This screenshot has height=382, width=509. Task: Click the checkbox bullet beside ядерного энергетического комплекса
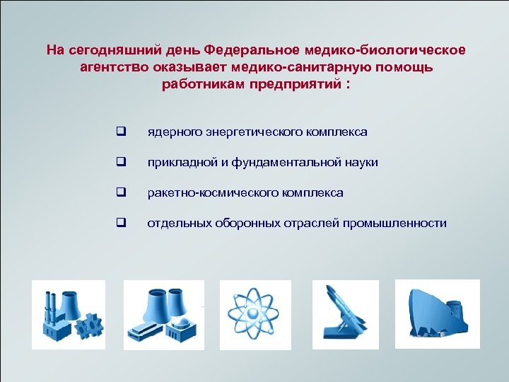coord(121,132)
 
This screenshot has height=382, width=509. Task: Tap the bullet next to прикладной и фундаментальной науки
coord(121,163)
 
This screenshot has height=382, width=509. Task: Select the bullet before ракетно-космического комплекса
coord(121,193)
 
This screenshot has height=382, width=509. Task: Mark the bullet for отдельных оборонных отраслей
coord(121,224)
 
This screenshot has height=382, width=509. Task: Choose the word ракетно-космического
coord(205,193)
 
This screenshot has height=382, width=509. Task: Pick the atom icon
coord(255,315)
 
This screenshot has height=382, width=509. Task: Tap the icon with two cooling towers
coord(163,315)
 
